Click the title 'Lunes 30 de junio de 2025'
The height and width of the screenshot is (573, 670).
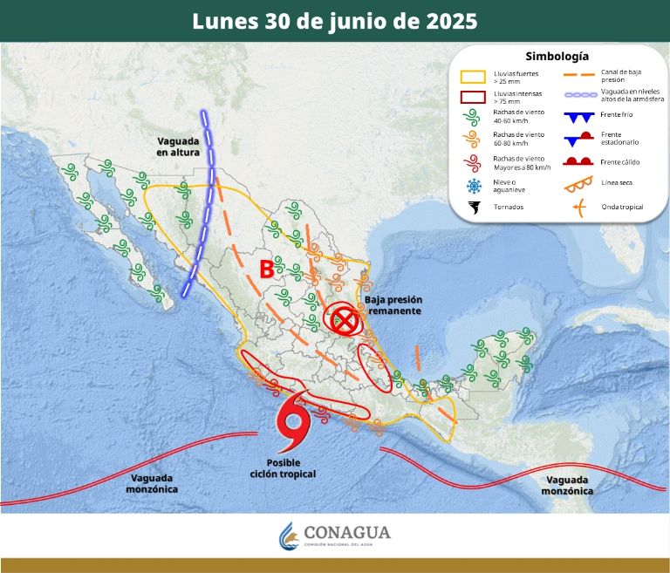(x=335, y=21)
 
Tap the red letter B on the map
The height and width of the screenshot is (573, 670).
(x=267, y=269)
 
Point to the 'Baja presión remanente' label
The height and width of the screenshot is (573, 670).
(x=393, y=305)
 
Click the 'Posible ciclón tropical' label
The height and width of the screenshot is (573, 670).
(x=291, y=467)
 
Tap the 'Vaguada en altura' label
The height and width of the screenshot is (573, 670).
(x=179, y=147)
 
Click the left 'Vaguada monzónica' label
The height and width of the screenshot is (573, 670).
(x=153, y=483)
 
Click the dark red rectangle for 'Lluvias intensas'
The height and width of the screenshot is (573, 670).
(x=474, y=97)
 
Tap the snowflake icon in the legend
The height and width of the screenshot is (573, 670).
(x=475, y=185)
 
